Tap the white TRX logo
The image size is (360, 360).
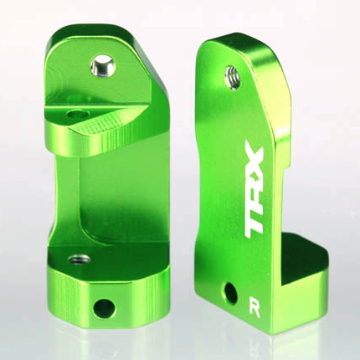coord(255,190)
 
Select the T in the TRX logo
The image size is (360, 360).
coord(255,219)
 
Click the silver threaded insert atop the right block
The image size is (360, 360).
coord(232,76)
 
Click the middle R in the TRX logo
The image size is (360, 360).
coord(255,190)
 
